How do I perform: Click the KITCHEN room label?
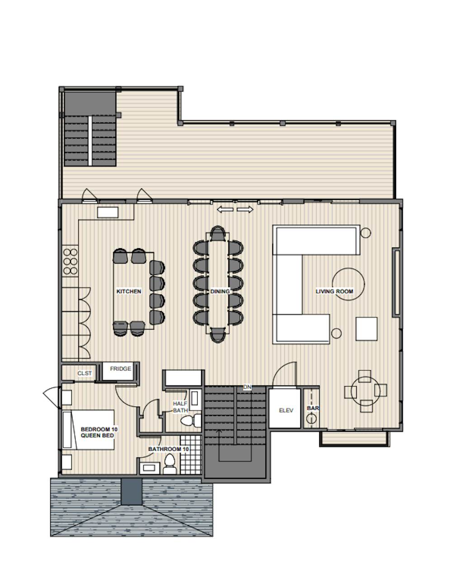point(129,292)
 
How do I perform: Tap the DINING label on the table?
point(220,292)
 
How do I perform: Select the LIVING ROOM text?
point(334,292)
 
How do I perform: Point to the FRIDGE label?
point(121,369)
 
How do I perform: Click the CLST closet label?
point(85,373)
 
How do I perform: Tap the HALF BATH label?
point(180,407)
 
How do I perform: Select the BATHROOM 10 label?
point(168,449)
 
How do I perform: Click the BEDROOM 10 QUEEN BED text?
point(97,432)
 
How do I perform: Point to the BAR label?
point(313,408)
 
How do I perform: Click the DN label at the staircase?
point(247,387)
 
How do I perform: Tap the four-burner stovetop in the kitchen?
point(70,261)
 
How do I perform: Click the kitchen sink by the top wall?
point(108,213)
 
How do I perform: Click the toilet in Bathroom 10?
point(170,464)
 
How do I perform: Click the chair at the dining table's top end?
point(218,234)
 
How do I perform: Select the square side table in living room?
point(366,329)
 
